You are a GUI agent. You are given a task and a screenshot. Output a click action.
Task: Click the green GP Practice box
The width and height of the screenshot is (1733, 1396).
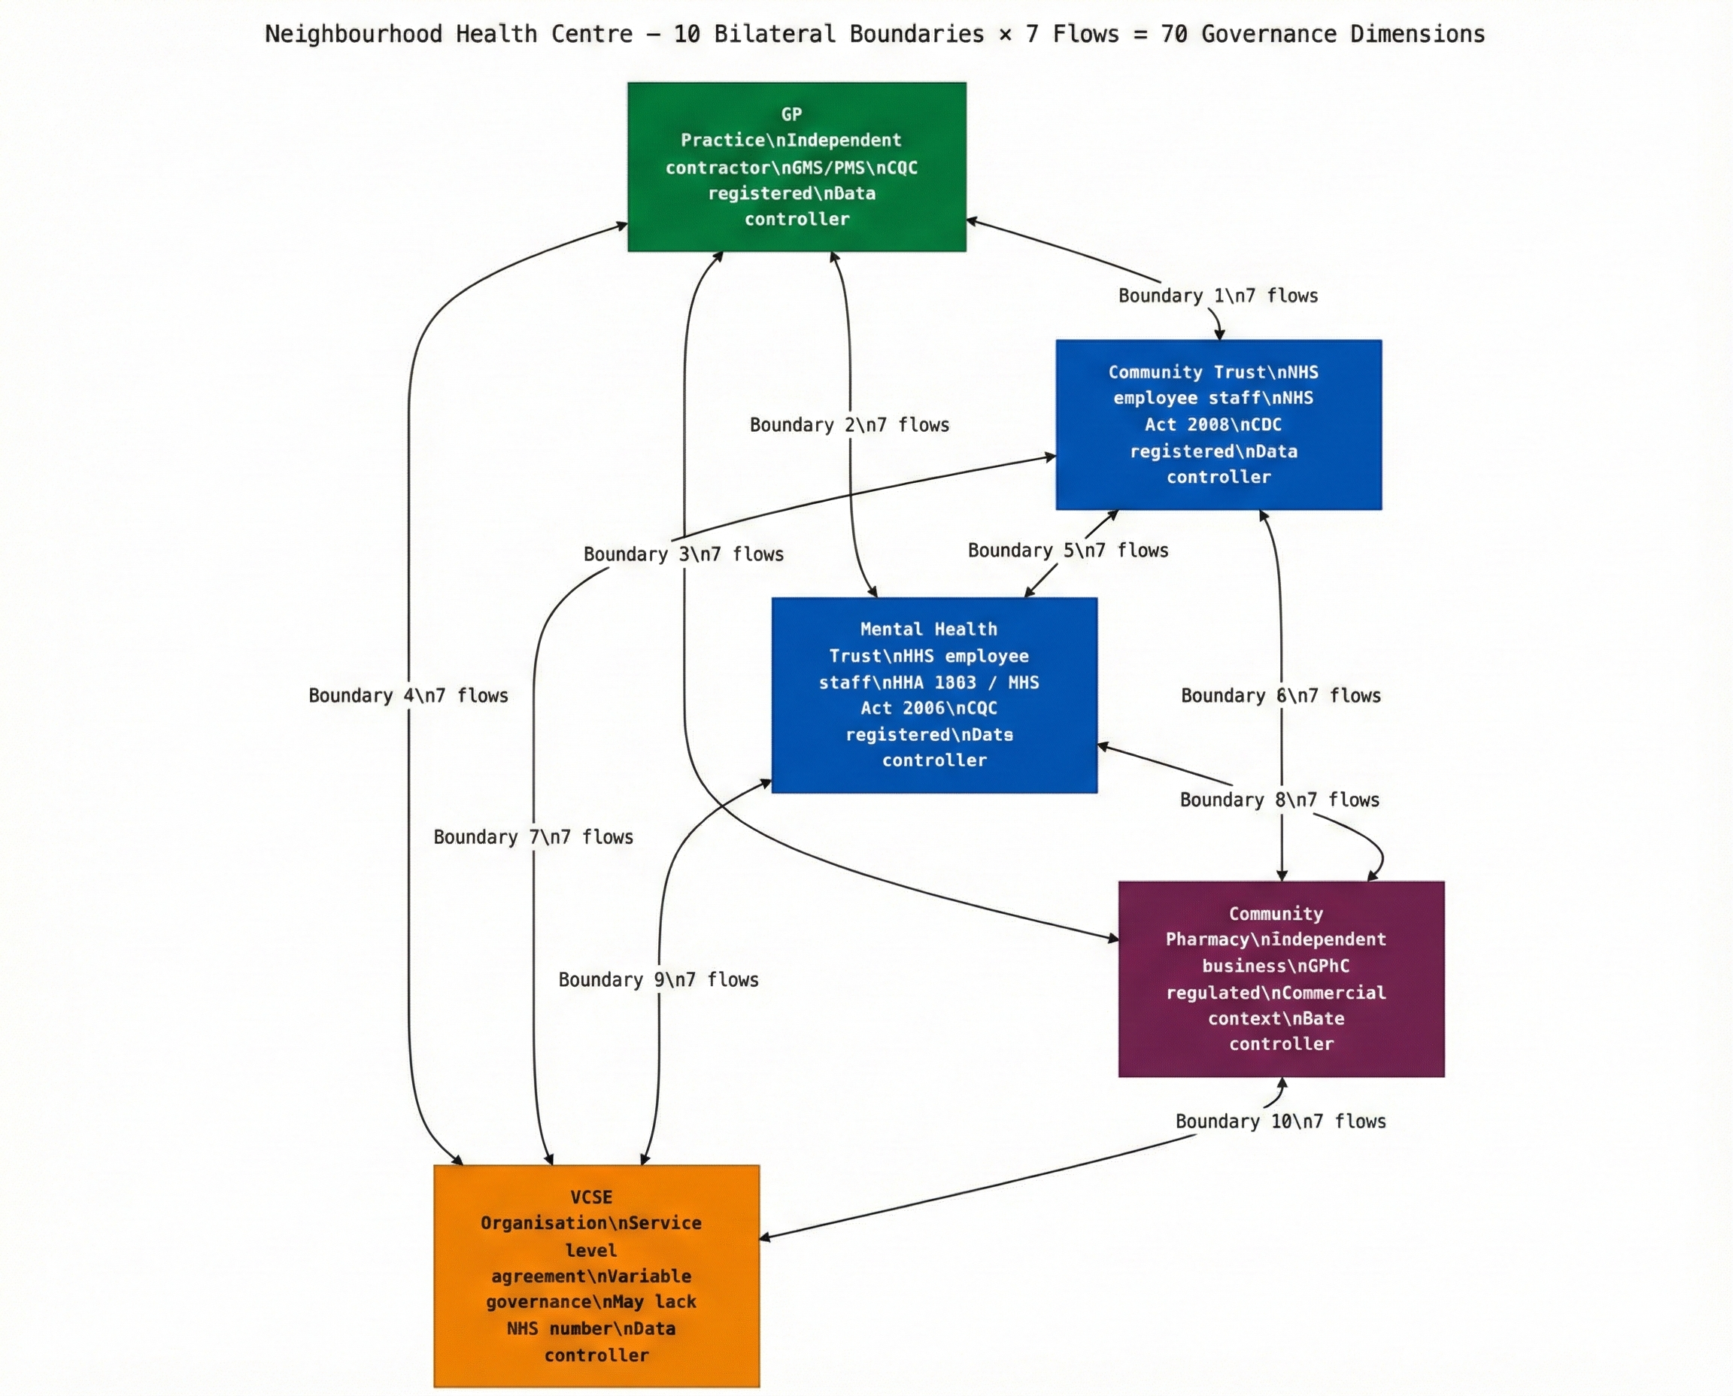pyautogui.click(x=796, y=166)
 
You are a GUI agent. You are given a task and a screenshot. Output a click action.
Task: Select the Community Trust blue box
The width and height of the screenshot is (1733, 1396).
pyautogui.click(x=1219, y=424)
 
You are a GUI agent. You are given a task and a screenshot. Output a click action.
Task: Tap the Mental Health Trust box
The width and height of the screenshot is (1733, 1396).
pyautogui.click(x=933, y=695)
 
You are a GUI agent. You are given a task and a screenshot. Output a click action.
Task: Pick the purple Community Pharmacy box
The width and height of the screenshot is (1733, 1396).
pyautogui.click(x=1281, y=979)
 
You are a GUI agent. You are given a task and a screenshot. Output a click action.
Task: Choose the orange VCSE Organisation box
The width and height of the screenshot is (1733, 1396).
pyautogui.click(x=596, y=1276)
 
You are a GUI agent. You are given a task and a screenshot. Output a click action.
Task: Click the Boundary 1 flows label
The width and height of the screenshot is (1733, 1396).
pyautogui.click(x=1218, y=296)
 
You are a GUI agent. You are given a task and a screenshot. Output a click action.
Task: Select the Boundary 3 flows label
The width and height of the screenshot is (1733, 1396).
pyautogui.click(x=683, y=555)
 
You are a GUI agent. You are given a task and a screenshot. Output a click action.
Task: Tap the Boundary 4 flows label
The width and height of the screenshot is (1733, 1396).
pyautogui.click(x=408, y=696)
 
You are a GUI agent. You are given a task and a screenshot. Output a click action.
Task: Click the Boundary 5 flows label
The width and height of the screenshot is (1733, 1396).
pyautogui.click(x=1067, y=551)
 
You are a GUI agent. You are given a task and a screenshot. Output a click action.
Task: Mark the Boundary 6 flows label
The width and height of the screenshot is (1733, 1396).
pyautogui.click(x=1280, y=696)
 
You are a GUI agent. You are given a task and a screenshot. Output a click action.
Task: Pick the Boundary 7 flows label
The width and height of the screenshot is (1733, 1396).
pyautogui.click(x=533, y=838)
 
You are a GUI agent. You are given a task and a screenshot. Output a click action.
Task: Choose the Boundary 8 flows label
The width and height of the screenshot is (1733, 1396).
pyautogui.click(x=1279, y=800)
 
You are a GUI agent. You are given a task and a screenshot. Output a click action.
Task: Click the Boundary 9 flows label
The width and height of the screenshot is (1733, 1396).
pyautogui.click(x=658, y=980)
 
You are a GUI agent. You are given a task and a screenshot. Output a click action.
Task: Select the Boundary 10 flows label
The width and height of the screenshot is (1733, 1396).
pyautogui.click(x=1280, y=1121)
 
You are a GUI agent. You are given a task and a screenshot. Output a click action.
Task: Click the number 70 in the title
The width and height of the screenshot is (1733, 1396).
pyautogui.click(x=1173, y=35)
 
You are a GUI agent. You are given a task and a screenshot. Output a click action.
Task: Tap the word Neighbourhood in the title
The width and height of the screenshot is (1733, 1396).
pyautogui.click(x=353, y=35)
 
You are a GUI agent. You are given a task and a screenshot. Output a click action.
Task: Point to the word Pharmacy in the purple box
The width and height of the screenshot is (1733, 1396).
pyautogui.click(x=1203, y=940)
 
